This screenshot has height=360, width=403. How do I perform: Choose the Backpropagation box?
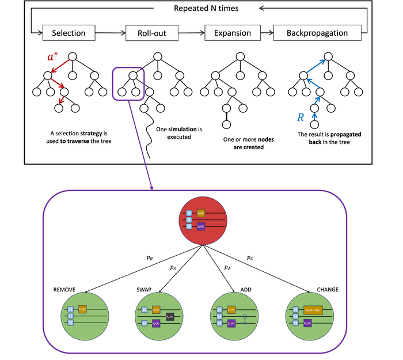(318, 33)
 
